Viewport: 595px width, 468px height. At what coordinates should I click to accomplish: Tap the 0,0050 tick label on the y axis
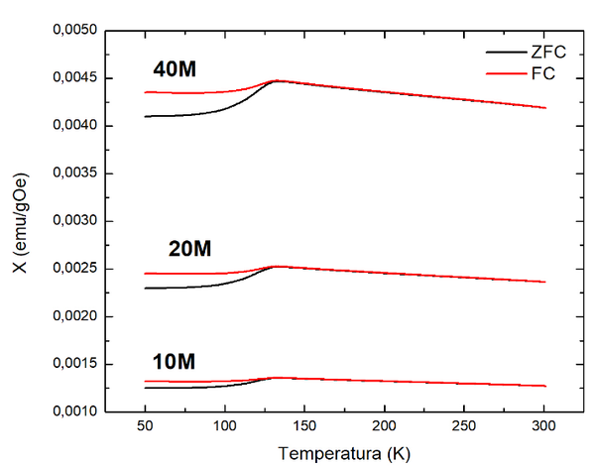pyautogui.click(x=71, y=32)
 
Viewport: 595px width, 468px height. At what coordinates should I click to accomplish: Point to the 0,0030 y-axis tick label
pyautogui.click(x=71, y=221)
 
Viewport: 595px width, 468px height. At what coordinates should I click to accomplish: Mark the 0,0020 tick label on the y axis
pyautogui.click(x=71, y=316)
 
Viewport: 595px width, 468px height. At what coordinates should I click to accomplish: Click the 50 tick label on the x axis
pyautogui.click(x=145, y=428)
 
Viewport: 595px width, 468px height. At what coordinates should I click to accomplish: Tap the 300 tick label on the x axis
pyautogui.click(x=544, y=428)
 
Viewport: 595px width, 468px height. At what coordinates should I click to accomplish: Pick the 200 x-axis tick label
pyautogui.click(x=385, y=428)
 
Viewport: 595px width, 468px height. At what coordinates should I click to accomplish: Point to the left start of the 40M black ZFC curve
pyautogui.click(x=146, y=116)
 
